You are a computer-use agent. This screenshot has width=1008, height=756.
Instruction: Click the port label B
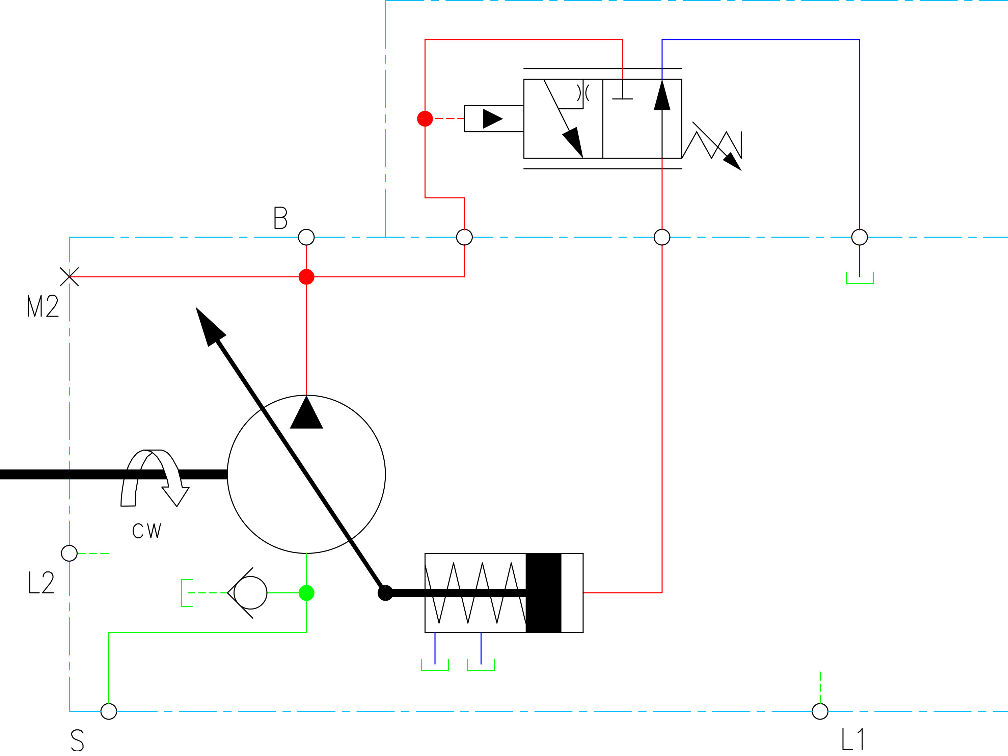pyautogui.click(x=280, y=217)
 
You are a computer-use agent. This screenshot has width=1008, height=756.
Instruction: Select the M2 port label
pyautogui.click(x=43, y=305)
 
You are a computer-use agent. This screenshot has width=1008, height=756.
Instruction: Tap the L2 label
pyautogui.click(x=42, y=583)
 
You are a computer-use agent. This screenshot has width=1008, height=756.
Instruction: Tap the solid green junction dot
pyautogui.click(x=306, y=593)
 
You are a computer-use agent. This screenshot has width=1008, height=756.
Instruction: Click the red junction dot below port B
pyautogui.click(x=306, y=277)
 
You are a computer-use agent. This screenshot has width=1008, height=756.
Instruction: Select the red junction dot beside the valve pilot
pyautogui.click(x=425, y=118)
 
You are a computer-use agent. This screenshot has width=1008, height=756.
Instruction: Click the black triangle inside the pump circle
pyautogui.click(x=306, y=413)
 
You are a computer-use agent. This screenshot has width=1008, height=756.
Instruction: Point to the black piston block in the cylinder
pyautogui.click(x=543, y=593)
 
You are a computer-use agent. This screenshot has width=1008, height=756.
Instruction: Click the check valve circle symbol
pyautogui.click(x=250, y=593)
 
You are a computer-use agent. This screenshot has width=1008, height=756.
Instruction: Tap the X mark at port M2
pyautogui.click(x=69, y=277)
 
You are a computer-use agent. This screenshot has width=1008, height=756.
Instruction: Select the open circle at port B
pyautogui.click(x=306, y=237)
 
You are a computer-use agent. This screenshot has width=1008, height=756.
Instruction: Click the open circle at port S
pyautogui.click(x=108, y=711)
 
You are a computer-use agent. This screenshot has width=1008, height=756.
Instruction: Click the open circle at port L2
pyautogui.click(x=69, y=553)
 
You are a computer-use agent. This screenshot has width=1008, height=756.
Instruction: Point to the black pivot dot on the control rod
pyautogui.click(x=385, y=593)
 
